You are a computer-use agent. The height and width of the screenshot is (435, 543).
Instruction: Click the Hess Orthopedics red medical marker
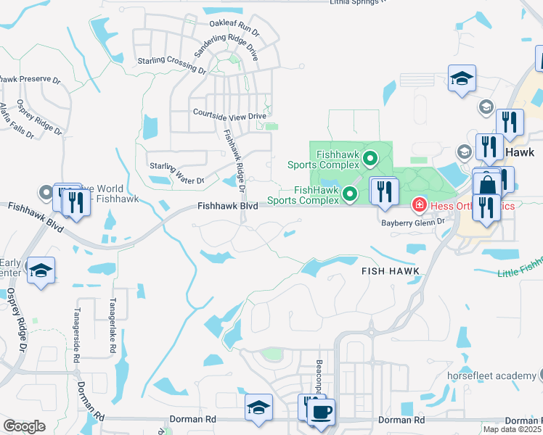(x=419, y=206)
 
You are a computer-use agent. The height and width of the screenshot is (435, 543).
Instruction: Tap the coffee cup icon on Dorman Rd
(x=320, y=413)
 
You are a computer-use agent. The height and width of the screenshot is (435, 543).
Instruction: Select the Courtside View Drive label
(x=229, y=115)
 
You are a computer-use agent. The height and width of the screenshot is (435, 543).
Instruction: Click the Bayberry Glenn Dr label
(x=413, y=223)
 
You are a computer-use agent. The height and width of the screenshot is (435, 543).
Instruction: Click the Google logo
(x=24, y=426)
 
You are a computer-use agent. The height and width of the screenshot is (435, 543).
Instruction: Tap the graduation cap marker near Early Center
(x=41, y=270)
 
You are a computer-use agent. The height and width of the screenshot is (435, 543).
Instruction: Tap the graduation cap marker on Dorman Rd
(x=258, y=408)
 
